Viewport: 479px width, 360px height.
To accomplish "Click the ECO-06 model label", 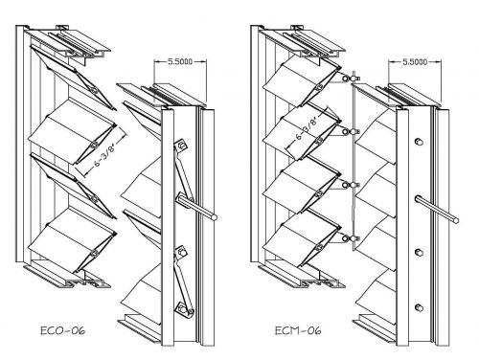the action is pos(63,330).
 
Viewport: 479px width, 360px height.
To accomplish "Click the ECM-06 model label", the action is pos(298,330).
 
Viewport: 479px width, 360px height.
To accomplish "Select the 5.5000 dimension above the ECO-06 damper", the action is pos(180,61).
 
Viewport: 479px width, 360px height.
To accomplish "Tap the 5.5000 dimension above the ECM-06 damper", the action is pos(415,61).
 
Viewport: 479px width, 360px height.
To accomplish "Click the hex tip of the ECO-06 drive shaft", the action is pos(214,217).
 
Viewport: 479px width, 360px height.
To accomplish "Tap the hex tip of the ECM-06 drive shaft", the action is pos(456,220).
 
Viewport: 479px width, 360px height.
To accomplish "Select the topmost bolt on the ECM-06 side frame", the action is pos(419,142).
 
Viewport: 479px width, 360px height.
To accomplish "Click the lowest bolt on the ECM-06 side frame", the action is pos(419,307).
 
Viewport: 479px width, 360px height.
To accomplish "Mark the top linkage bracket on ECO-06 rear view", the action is pos(181,146).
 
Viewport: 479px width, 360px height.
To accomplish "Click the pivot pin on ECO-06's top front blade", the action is pos(93,90).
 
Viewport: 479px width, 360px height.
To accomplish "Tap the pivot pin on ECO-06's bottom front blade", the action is pos(94,254).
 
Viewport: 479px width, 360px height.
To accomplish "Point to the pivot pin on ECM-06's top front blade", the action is pos(318,87).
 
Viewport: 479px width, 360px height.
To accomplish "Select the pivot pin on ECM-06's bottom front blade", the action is pos(319,247).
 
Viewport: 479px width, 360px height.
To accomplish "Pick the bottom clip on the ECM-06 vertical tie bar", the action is pos(351,238).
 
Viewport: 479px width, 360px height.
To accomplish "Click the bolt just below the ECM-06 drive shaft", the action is pos(419,253).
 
